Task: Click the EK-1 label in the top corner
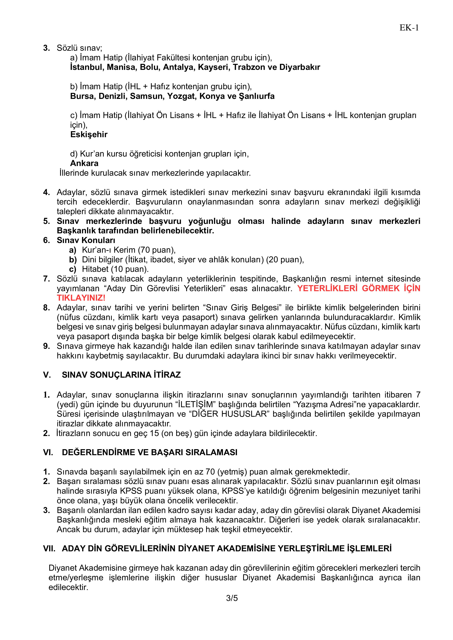[x=409, y=28]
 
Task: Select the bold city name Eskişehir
[x=89, y=135]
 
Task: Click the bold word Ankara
[x=84, y=163]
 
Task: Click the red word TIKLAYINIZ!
[x=81, y=298]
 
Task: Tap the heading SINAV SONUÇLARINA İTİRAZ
[x=121, y=375]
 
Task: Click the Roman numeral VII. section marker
[x=49, y=549]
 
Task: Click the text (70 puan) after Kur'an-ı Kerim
[x=156, y=250]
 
